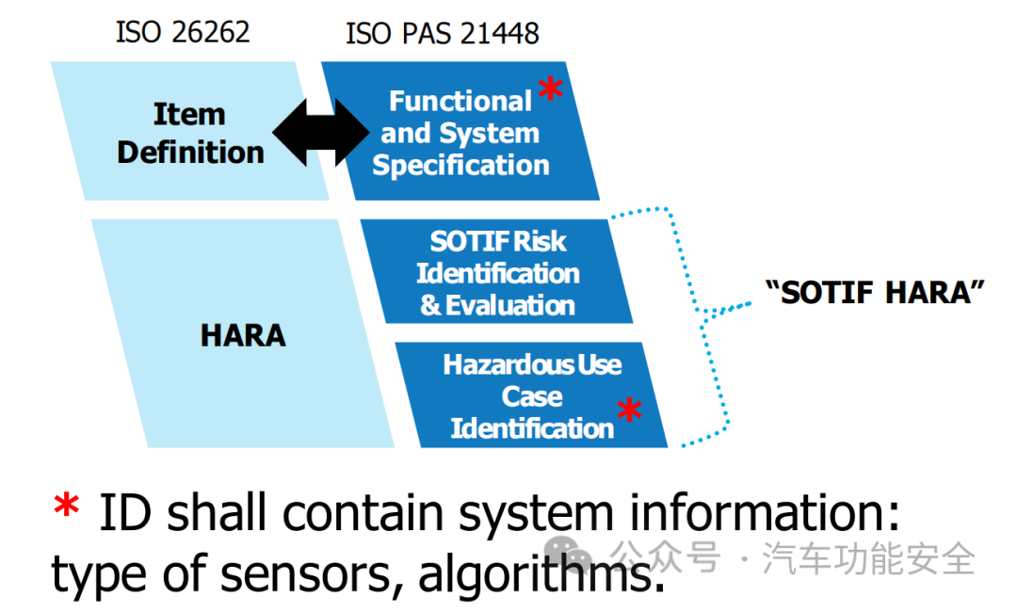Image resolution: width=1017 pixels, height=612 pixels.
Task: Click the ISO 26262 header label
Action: click(183, 32)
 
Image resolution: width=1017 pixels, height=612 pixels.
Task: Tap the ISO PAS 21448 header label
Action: click(442, 34)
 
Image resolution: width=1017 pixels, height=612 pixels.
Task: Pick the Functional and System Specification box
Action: click(460, 133)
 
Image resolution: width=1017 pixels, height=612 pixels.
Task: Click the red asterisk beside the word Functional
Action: click(550, 91)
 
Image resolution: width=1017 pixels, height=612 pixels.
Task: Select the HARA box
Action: click(243, 334)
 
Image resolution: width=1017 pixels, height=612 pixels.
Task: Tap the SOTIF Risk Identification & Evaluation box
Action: click(497, 273)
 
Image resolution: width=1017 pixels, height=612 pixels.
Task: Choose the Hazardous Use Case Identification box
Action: click(532, 396)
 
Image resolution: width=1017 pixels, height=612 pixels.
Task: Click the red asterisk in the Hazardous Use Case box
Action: click(629, 411)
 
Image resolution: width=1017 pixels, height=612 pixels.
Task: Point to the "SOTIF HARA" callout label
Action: click(875, 292)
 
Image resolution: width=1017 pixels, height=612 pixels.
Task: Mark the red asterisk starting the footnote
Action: click(66, 509)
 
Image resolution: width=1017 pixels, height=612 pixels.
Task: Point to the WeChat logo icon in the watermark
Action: click(572, 556)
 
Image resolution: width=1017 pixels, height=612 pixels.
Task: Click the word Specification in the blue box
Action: click(460, 166)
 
